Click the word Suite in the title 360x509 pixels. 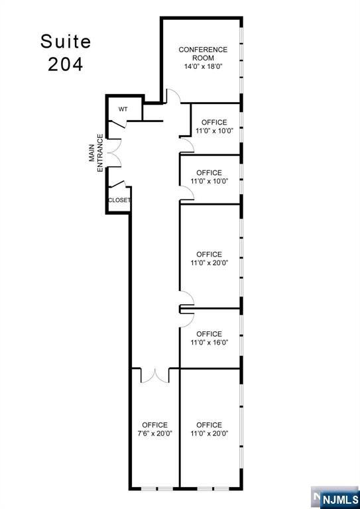pos(66,41)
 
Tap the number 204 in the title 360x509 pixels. pos(66,66)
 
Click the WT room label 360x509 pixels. pos(123,109)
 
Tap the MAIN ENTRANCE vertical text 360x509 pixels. pos(96,153)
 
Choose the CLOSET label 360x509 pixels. pos(119,200)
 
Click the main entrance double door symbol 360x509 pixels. pos(114,153)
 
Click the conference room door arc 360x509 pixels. pos(171,97)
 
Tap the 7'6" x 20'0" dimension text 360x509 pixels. pos(154,433)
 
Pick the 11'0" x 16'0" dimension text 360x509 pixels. pos(210,343)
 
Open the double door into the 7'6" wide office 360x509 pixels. pos(155,375)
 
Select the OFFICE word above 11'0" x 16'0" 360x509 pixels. pos(210,334)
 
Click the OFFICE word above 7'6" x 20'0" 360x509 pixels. pos(154,425)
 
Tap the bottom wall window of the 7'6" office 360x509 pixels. pos(155,489)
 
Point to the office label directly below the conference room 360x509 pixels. pos(214,123)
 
